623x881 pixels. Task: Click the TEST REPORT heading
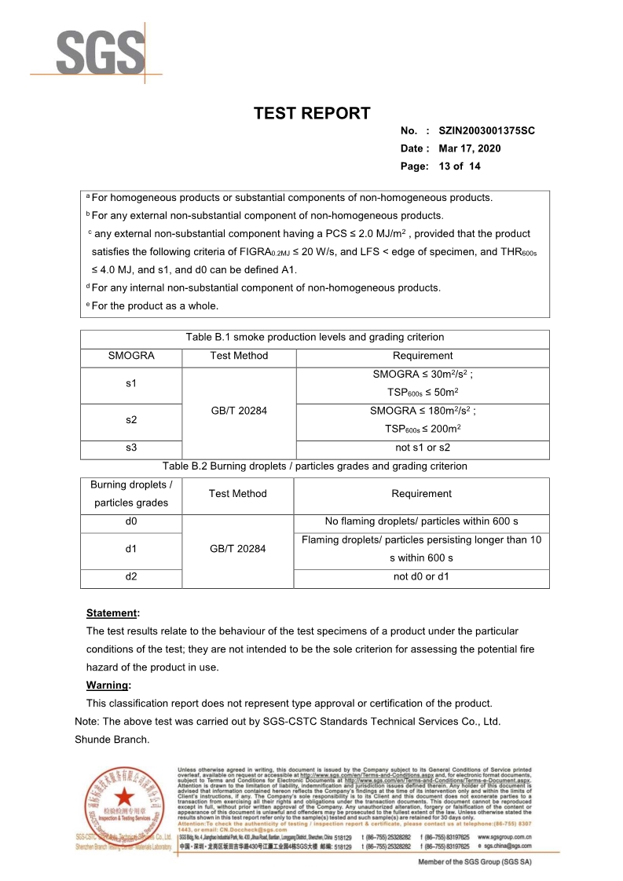pyautogui.click(x=312, y=113)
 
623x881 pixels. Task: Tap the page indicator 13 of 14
pyautogui.click(x=460, y=166)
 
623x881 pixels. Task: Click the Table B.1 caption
pyautogui.click(x=315, y=338)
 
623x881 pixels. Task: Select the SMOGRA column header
pyautogui.click(x=131, y=356)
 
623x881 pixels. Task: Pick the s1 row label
pyautogui.click(x=131, y=383)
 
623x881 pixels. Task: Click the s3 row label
pyautogui.click(x=131, y=448)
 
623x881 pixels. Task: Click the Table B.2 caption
pyautogui.click(x=315, y=466)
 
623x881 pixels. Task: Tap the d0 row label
pyautogui.click(x=131, y=521)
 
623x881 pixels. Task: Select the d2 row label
pyautogui.click(x=131, y=577)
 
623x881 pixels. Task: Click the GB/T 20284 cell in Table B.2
pyautogui.click(x=238, y=549)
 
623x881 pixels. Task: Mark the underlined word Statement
pyautogui.click(x=111, y=612)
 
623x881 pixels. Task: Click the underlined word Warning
pyautogui.click(x=108, y=685)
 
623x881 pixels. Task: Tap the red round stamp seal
pyautogui.click(x=126, y=799)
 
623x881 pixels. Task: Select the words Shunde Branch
pyautogui.click(x=112, y=739)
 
